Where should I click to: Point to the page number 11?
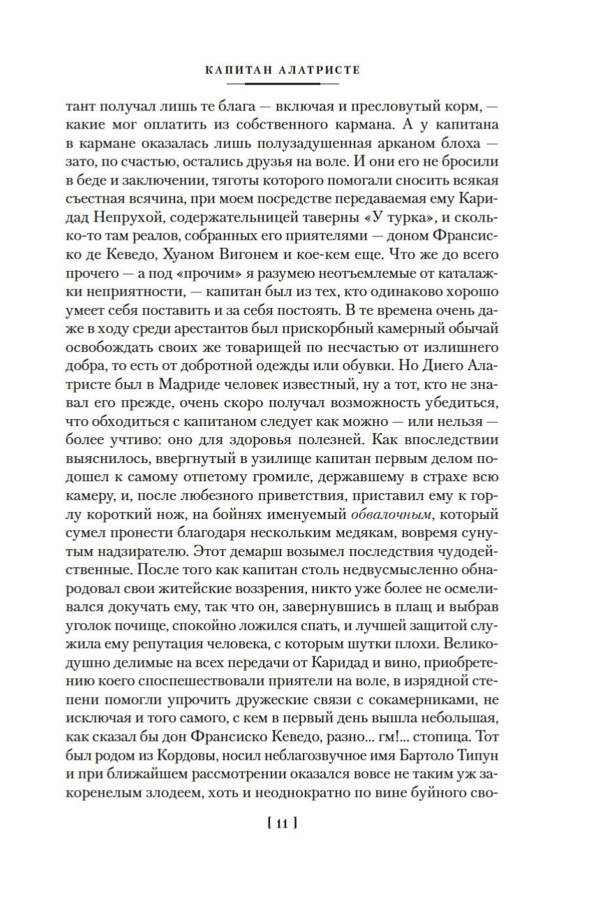[282, 824]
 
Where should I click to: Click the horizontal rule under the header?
[282, 84]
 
